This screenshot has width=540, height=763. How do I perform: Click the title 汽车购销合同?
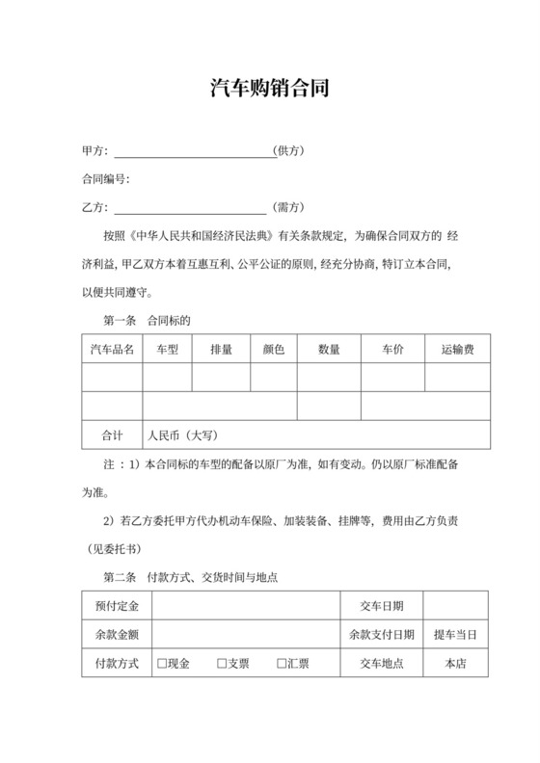pos(270,90)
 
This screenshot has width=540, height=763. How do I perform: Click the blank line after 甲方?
pos(193,152)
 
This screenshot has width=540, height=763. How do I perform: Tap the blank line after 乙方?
pos(190,207)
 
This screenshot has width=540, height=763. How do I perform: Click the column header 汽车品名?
pos(112,349)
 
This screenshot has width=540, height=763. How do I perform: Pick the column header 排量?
pos(221,349)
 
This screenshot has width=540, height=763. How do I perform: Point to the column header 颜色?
pos(273,349)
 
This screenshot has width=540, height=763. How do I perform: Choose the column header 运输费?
pos(456,349)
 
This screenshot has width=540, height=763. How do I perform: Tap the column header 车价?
pos(391,349)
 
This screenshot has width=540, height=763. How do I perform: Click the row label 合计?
pos(112,435)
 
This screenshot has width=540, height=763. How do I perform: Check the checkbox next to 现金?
pos(163,664)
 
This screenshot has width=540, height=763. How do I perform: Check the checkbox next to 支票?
pos(222,664)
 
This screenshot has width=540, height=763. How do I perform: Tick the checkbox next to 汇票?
pos(283,664)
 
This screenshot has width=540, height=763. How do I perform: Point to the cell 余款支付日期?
pos(382,635)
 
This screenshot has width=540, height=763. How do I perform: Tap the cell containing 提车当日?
pos(455,635)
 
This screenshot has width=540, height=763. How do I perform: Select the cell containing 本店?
pos(455,664)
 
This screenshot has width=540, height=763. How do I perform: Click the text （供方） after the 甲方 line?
pos(289,152)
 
